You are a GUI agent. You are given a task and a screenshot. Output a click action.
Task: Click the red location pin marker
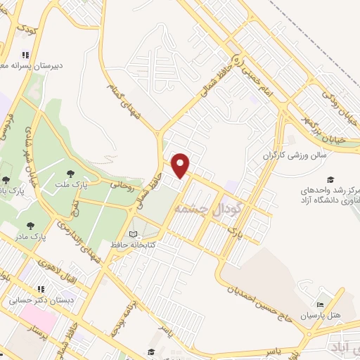181,165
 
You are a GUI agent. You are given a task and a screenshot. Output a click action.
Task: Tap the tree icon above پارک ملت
70,173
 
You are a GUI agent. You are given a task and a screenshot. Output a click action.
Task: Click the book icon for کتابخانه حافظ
134,235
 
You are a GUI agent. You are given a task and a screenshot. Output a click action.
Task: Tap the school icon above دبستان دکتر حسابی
40,288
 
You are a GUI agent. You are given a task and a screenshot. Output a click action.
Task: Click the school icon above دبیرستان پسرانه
26,55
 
